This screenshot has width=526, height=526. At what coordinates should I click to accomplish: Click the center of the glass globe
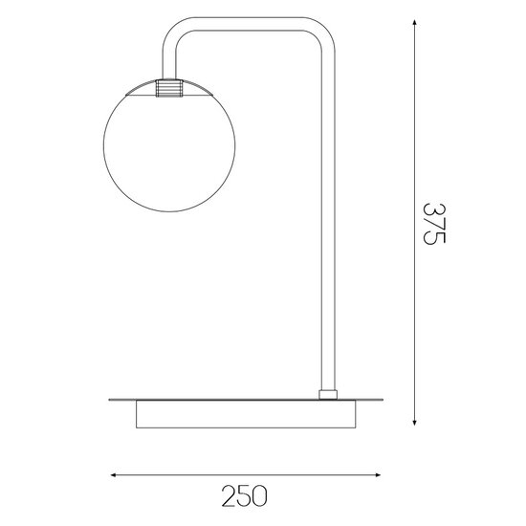tap(168, 140)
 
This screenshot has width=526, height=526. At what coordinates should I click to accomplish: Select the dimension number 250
tap(243, 497)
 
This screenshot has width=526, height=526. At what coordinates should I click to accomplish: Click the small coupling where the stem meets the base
tap(328, 393)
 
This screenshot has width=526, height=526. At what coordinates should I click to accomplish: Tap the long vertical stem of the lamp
tap(328, 220)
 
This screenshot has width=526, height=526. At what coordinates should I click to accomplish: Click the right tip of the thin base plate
tap(380, 397)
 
